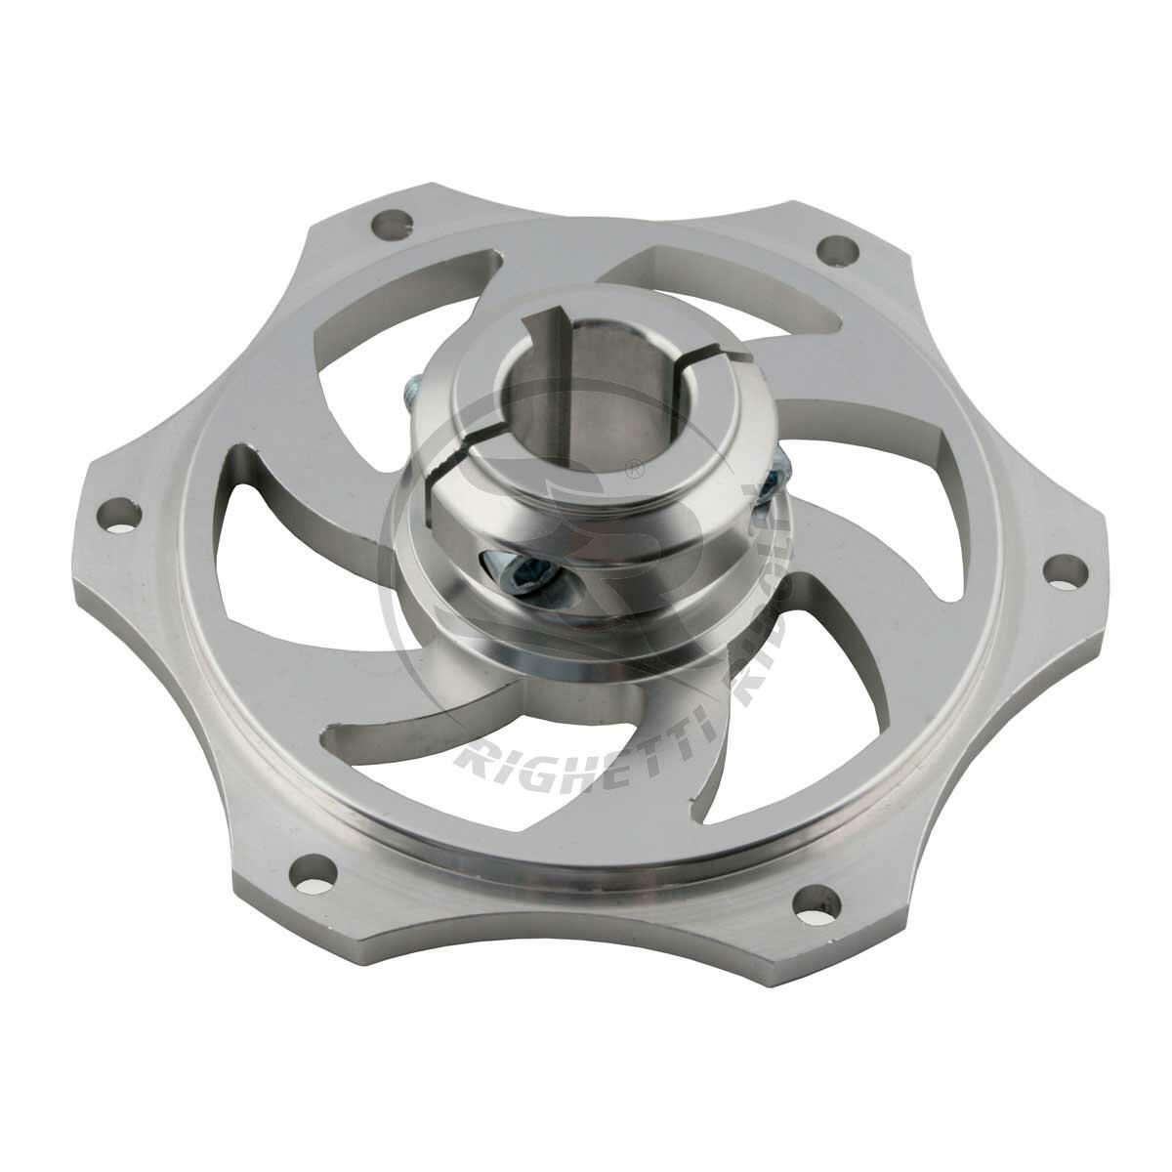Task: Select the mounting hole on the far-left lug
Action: [122, 513]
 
